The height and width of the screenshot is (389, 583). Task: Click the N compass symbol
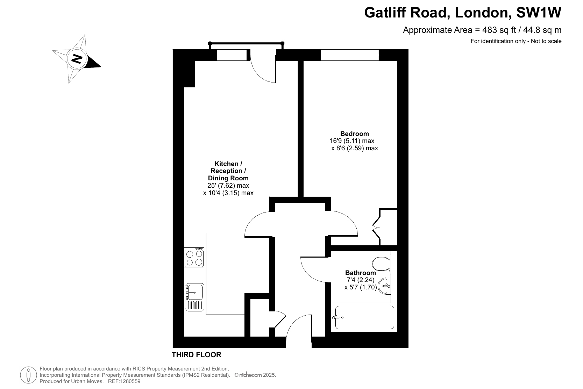(77, 59)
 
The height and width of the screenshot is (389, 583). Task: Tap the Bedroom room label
(355, 134)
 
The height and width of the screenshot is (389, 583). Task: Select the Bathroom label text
(361, 273)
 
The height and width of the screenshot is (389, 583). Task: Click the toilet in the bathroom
(382, 264)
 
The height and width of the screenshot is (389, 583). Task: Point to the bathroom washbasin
(384, 286)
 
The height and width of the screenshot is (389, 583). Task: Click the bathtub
(364, 317)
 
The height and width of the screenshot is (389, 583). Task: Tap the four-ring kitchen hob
(194, 258)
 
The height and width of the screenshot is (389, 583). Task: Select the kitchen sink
(195, 297)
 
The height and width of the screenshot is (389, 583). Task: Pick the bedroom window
(350, 55)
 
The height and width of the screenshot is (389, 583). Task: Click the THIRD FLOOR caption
(197, 355)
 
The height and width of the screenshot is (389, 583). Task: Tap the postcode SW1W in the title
(539, 12)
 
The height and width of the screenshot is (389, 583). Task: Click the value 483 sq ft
(499, 30)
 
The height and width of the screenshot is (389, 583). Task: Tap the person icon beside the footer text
(28, 375)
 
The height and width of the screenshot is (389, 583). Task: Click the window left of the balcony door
(232, 55)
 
